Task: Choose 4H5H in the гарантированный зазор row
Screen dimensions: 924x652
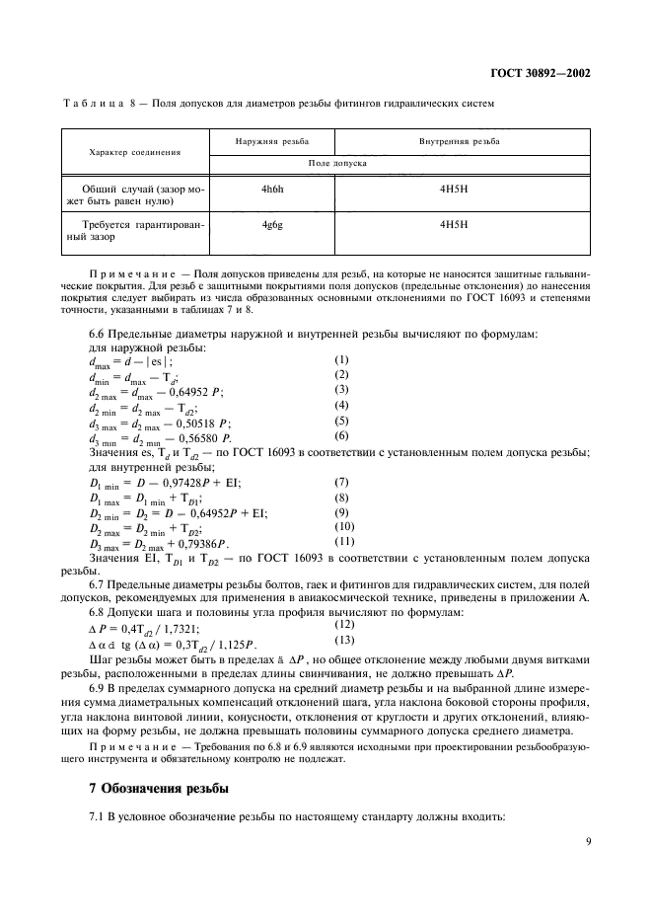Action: [x=453, y=224]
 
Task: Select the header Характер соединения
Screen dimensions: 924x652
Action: [x=135, y=152]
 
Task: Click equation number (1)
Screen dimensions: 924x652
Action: [x=342, y=360]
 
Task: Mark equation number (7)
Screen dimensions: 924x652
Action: [x=342, y=482]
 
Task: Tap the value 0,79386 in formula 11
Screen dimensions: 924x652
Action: [x=203, y=543]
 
